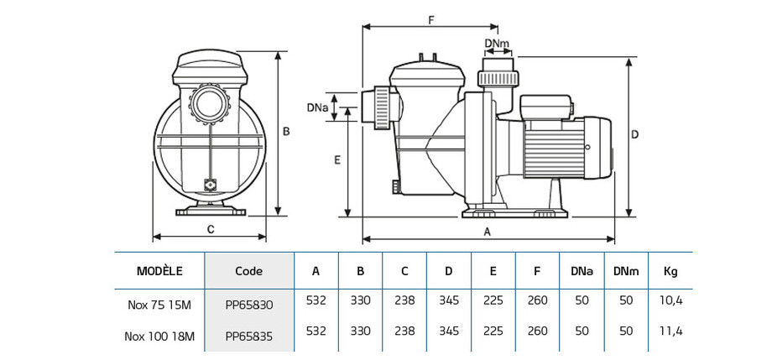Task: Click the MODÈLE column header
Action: (159, 271)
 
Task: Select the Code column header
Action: (248, 271)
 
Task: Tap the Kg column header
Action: (670, 271)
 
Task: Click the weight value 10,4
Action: (671, 300)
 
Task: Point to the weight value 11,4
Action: (671, 331)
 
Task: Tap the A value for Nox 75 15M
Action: (316, 300)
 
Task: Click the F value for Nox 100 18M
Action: (537, 331)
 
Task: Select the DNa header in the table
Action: (582, 271)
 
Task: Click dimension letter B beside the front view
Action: (285, 131)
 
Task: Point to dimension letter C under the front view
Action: (211, 229)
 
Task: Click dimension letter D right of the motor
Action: (635, 134)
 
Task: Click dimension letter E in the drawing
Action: (336, 159)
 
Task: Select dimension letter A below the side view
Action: (488, 234)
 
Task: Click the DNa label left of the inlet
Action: (316, 107)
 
